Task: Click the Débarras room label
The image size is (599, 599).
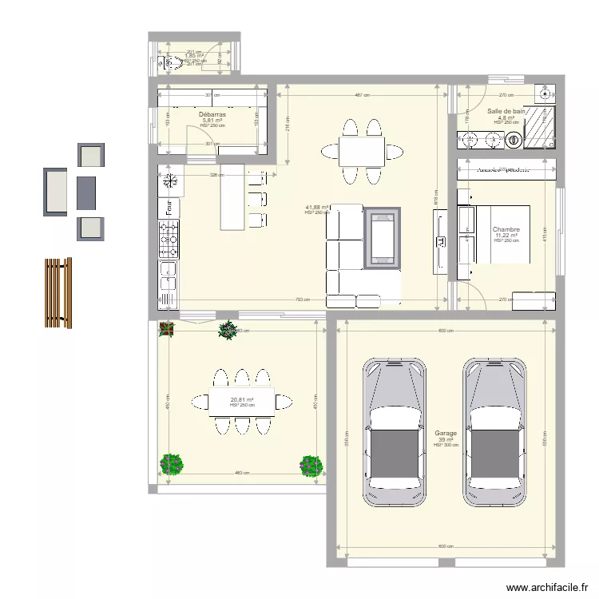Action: [212, 114]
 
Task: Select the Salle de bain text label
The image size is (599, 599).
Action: [506, 111]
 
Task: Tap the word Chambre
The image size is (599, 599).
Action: [506, 229]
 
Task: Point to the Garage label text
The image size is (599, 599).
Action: [445, 432]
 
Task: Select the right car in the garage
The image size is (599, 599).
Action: [495, 432]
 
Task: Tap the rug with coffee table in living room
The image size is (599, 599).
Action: [383, 238]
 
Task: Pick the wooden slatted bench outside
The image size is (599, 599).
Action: [58, 292]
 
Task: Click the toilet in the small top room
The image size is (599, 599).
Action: [170, 62]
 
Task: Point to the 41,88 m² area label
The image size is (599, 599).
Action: [316, 208]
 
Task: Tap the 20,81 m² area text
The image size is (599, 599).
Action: [242, 400]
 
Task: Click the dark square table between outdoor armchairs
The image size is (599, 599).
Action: [87, 192]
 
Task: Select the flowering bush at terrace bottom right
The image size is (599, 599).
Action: [310, 465]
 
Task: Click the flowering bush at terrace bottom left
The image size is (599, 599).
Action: [171, 464]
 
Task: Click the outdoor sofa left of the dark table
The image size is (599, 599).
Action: [56, 192]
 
